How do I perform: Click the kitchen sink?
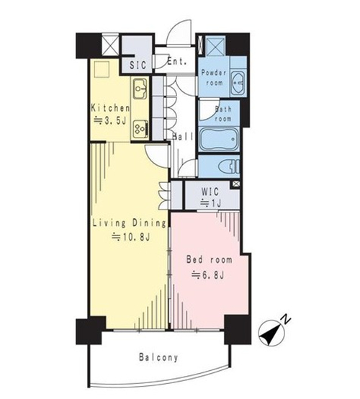point(140,89)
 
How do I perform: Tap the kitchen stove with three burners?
point(140,129)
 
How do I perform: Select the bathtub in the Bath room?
point(219,139)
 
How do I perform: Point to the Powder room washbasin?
point(238,83)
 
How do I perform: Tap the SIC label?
point(138,65)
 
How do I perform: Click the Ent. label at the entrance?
point(177,61)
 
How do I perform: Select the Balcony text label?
point(158,357)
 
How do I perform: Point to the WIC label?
point(210,192)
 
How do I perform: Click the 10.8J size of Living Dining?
point(131,237)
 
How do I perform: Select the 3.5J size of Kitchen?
point(110,120)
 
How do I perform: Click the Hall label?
point(183,137)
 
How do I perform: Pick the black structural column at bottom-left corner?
point(91,331)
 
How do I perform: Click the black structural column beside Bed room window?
point(238,329)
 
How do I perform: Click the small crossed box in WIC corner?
point(236,184)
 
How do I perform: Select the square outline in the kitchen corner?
point(102,69)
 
